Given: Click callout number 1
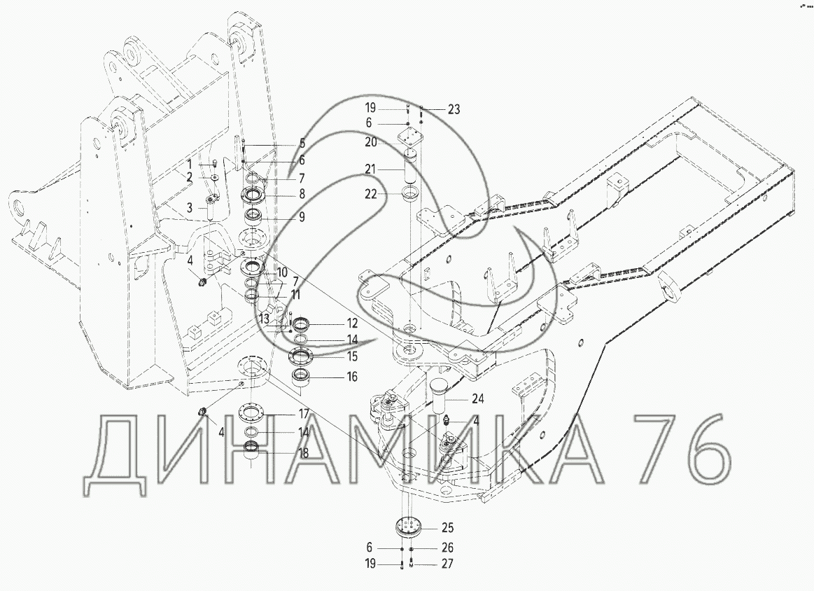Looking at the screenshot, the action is (x=190, y=165).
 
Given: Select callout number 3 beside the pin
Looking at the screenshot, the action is (x=190, y=208).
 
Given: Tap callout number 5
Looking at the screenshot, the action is (x=302, y=144).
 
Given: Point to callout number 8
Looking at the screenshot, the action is (x=302, y=194).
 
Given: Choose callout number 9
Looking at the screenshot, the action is (x=302, y=217).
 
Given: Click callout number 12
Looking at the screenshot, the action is (x=353, y=324).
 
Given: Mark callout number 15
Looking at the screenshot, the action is (x=353, y=357).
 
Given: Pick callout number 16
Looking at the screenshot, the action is (x=353, y=377).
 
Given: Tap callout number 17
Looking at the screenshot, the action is (x=304, y=414).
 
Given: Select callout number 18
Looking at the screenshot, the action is (x=304, y=453).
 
